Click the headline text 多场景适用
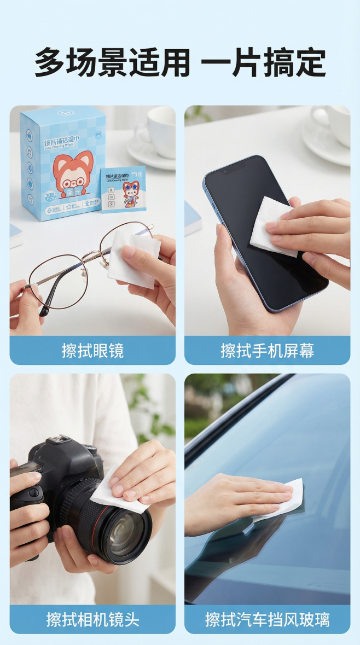click(x=112, y=63)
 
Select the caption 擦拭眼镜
click(x=92, y=351)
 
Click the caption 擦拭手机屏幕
click(x=267, y=351)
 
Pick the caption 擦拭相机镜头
click(x=92, y=619)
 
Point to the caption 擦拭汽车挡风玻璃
click(x=267, y=619)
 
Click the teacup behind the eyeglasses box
click(x=155, y=134)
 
